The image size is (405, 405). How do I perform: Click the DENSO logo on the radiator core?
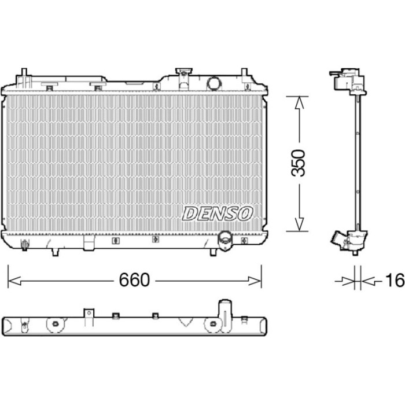(x=218, y=214)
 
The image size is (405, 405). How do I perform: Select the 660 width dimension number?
(x=134, y=279)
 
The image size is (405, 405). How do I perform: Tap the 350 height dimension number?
(x=298, y=163)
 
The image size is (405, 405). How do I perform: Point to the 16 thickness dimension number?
(x=395, y=280)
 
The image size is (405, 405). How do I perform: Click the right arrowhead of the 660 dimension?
(x=255, y=281)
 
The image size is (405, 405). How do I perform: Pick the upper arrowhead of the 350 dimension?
(x=299, y=102)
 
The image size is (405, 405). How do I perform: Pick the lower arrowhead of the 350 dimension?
(x=299, y=224)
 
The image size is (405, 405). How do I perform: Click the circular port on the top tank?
(x=215, y=83)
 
